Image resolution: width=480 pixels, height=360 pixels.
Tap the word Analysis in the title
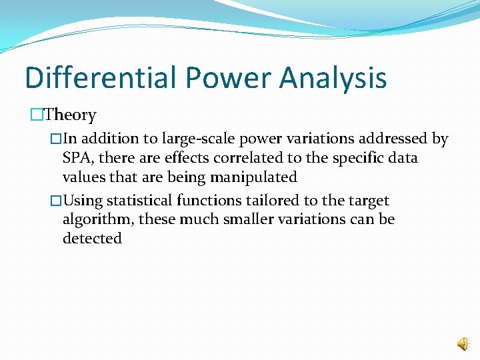click(333, 77)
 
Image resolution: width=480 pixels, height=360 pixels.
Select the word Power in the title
click(229, 77)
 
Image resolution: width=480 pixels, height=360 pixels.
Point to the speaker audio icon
click(462, 344)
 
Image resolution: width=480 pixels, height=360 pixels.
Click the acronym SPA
click(77, 158)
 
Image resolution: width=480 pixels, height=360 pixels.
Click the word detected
click(92, 239)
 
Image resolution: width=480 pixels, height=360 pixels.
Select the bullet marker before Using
click(57, 201)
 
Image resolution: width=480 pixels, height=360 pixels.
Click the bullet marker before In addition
click(57, 139)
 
